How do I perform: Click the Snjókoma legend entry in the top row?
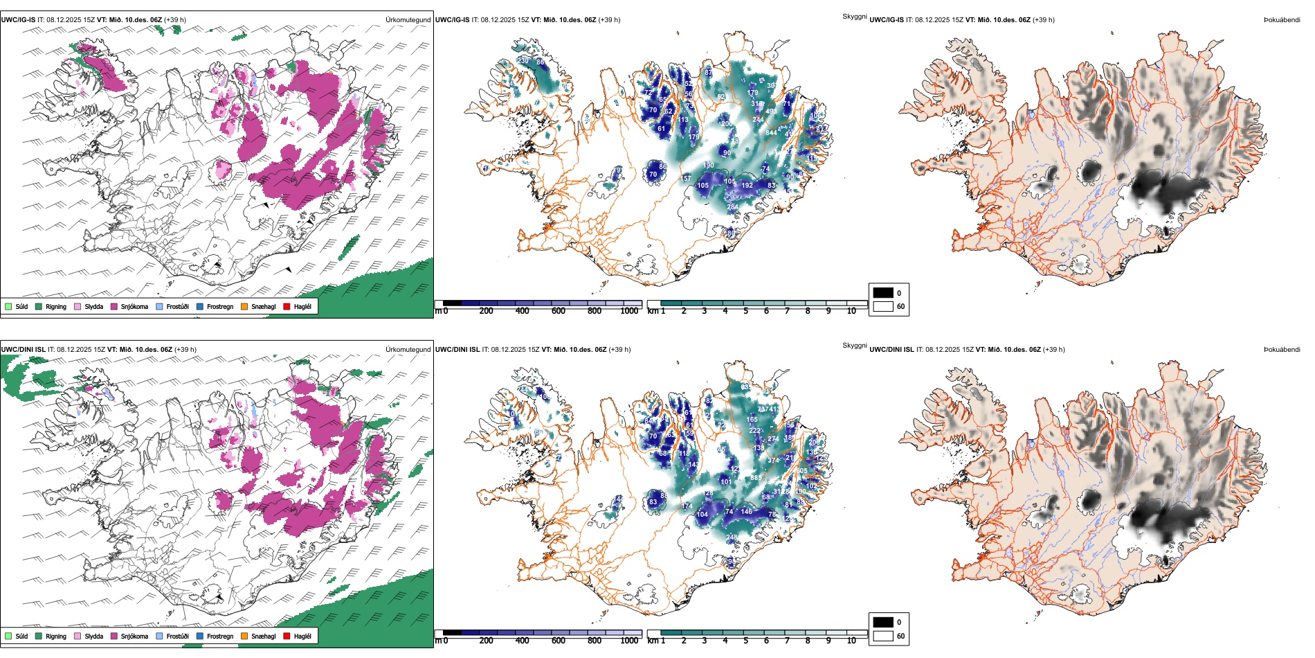pos(134,306)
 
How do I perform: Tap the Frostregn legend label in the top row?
pos(219,306)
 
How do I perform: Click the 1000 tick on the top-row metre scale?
pos(629,311)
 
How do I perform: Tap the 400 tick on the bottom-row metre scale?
pos(523,641)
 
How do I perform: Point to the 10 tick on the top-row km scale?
pos(851,311)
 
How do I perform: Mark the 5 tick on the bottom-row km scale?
pos(746,641)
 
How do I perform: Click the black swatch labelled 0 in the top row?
pos(883,293)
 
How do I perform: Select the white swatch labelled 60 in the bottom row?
pos(883,635)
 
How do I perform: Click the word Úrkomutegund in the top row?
pos(408,20)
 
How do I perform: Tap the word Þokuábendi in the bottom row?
pos(1282,350)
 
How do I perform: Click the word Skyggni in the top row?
pos(854,16)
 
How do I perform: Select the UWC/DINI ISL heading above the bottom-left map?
pos(23,350)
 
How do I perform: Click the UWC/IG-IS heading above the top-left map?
pos(18,20)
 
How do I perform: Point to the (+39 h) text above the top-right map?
pos(1043,20)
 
